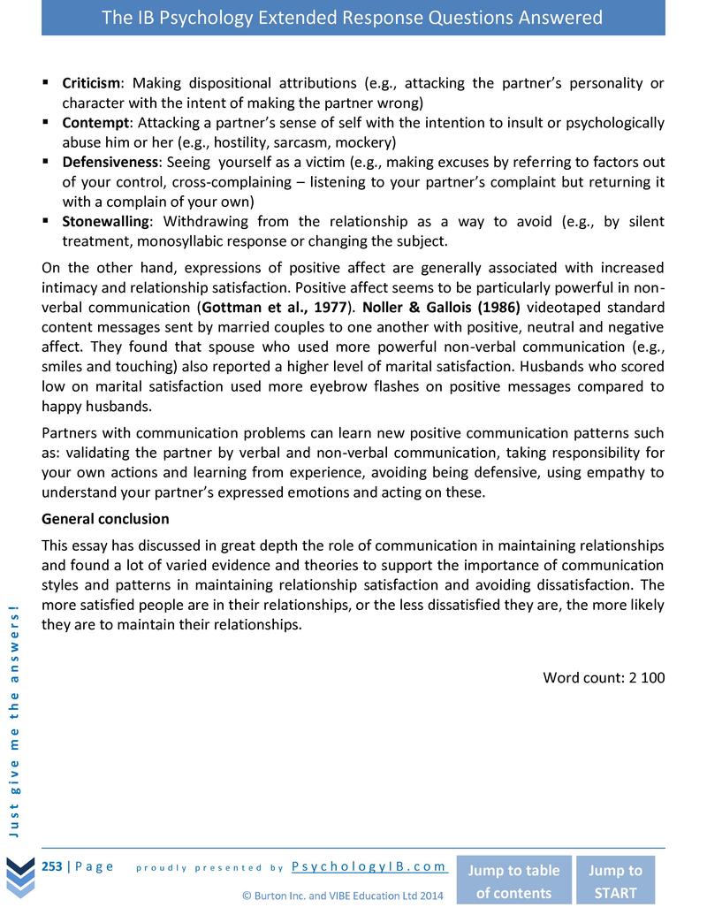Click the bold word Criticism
pos(90,83)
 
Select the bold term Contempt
pos(95,122)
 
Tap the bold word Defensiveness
pos(110,162)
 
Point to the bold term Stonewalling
pos(106,221)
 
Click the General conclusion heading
pos(105,518)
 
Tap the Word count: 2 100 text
pos(603,678)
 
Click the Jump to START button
pos(615,881)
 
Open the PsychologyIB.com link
pos(369,867)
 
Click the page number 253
pos(51,866)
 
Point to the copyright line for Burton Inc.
pos(342,896)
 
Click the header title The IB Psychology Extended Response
pos(353,18)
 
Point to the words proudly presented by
pos(209,868)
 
